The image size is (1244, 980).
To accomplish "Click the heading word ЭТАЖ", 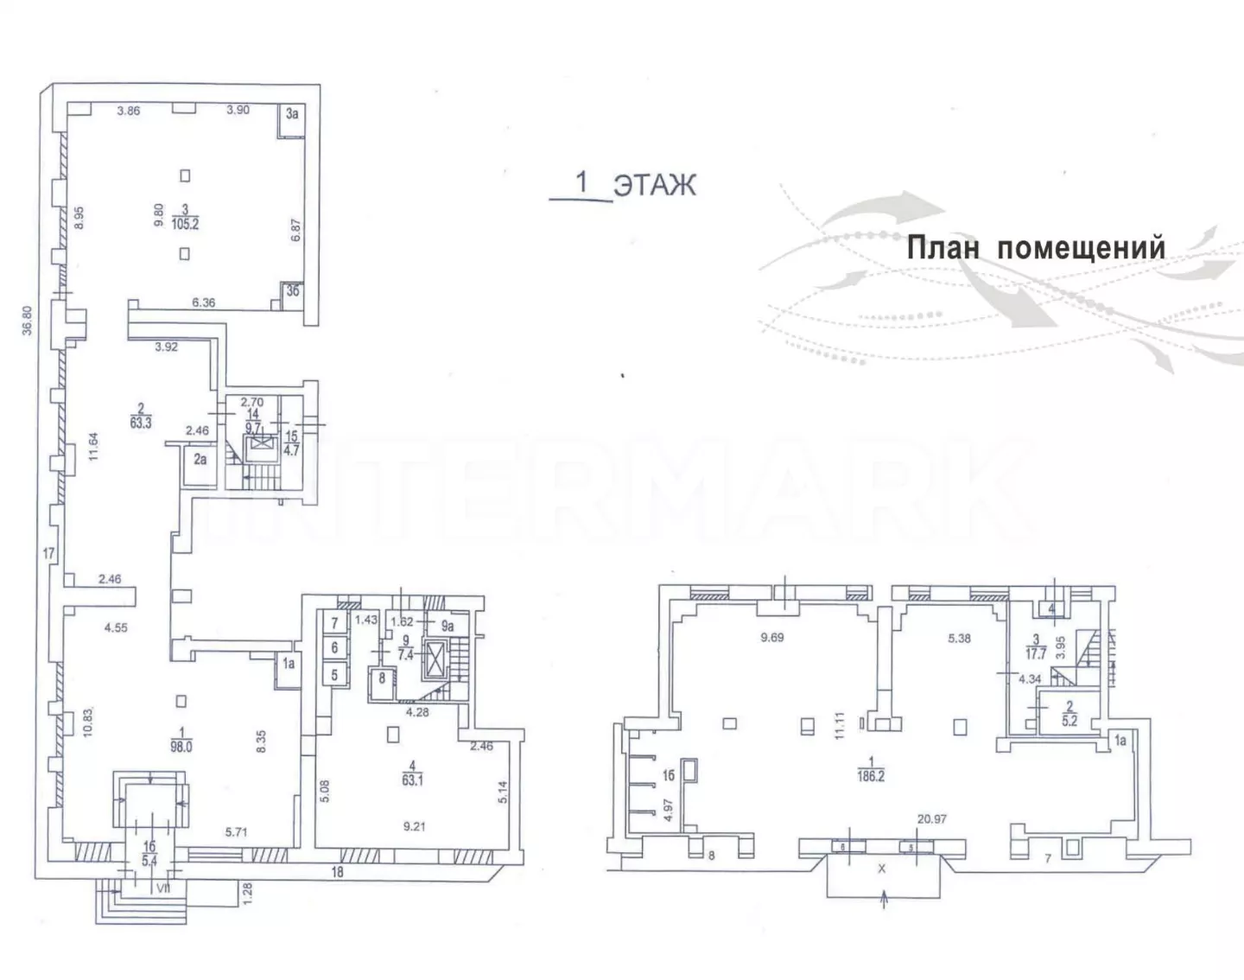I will click(654, 184).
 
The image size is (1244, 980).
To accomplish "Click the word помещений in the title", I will click(1082, 249).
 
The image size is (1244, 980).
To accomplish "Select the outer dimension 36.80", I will click(28, 321).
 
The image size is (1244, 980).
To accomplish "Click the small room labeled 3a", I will click(292, 113).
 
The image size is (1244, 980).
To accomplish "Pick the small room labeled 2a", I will click(200, 460).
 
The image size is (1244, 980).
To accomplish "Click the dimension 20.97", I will click(932, 818).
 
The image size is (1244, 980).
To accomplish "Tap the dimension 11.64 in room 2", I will click(95, 447).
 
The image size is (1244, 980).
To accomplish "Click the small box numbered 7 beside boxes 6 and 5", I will click(334, 622).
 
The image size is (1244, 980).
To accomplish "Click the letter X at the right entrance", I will click(882, 869).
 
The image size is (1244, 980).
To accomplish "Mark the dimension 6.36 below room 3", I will click(204, 302).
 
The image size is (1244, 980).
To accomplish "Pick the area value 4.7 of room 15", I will click(291, 449).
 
